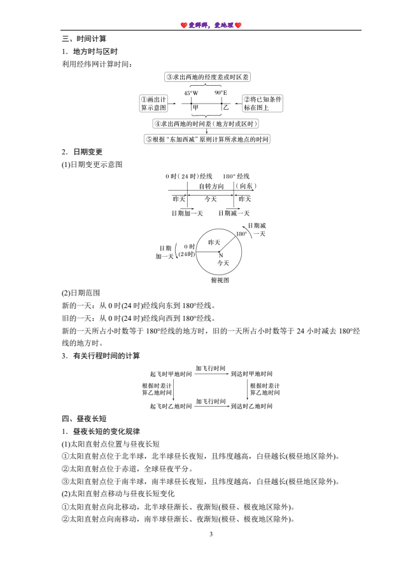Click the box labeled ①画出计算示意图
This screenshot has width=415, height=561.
pos(154,104)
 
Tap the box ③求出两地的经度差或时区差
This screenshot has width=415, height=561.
pos(207,77)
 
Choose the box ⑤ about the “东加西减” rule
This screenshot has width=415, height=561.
pos(207,139)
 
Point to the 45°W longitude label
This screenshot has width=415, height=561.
pos(191,93)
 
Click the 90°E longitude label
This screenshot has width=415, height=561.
pos(221,93)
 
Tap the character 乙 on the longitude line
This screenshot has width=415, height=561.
pos(225,107)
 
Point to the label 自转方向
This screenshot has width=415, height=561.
pos(211,186)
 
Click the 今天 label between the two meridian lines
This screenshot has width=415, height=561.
pos(210,199)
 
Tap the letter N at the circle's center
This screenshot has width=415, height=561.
pos(220,255)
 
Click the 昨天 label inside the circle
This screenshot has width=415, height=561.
pos(214,242)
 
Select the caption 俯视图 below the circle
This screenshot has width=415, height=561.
pos(220,280)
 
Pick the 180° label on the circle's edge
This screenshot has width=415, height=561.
pos(241,234)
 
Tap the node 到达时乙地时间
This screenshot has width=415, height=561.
pos(251,405)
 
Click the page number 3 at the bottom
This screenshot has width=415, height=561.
pos(211,534)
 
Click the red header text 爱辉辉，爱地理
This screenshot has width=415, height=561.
pos(211,25)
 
